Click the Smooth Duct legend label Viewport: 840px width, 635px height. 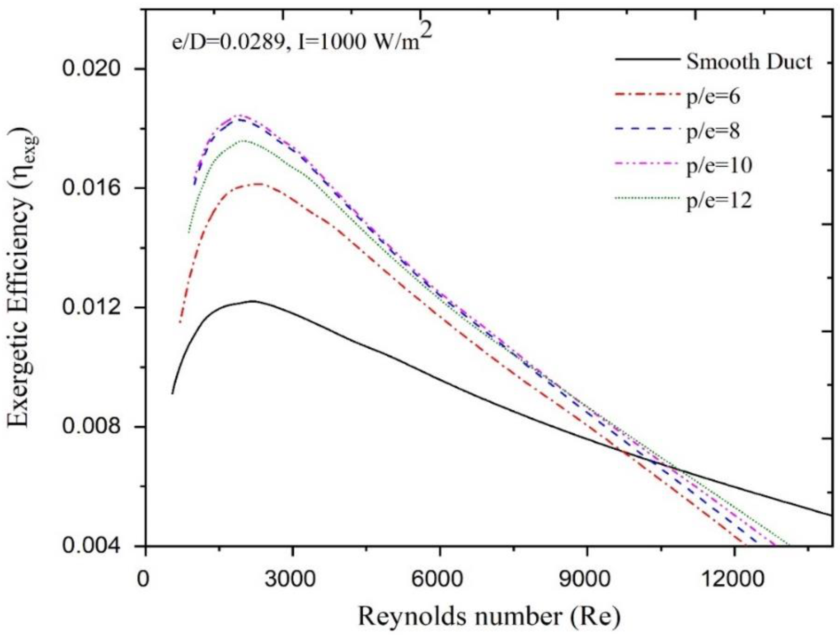pos(748,61)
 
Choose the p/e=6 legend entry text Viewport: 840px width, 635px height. pos(713,97)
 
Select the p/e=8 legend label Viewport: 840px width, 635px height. pos(713,132)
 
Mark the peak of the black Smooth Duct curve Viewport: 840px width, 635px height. pos(252,301)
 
